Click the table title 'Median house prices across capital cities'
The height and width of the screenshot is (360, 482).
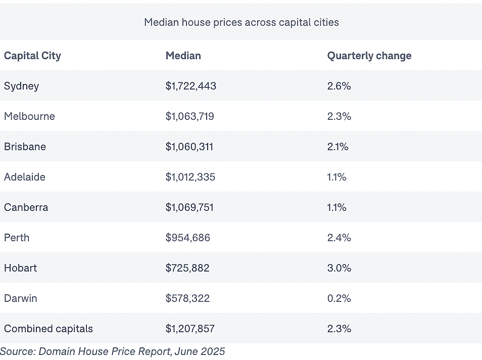click(242, 22)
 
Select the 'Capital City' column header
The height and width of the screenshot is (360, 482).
click(32, 56)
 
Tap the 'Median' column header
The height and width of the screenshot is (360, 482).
click(183, 56)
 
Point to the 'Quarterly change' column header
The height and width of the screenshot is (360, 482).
click(369, 56)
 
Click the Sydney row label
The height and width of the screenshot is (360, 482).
click(22, 86)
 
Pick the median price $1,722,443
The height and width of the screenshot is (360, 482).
click(191, 86)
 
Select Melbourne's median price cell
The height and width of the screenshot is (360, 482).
click(189, 116)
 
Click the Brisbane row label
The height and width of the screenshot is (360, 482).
click(25, 147)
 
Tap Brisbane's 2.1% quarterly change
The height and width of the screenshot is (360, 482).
click(338, 147)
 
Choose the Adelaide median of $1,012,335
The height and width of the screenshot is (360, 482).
click(190, 177)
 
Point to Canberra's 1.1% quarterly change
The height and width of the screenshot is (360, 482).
click(337, 207)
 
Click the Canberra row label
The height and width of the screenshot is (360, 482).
click(26, 207)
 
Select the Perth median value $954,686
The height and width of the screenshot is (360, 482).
click(188, 238)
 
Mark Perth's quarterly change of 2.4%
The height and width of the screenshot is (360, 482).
click(339, 238)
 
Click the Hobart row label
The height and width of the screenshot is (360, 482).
click(20, 268)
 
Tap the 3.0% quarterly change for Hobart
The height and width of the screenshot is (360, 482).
click(339, 268)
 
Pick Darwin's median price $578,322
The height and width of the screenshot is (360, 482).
click(187, 298)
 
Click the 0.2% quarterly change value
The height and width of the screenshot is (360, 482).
click(339, 298)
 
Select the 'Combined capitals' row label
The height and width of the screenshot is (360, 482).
click(49, 329)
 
